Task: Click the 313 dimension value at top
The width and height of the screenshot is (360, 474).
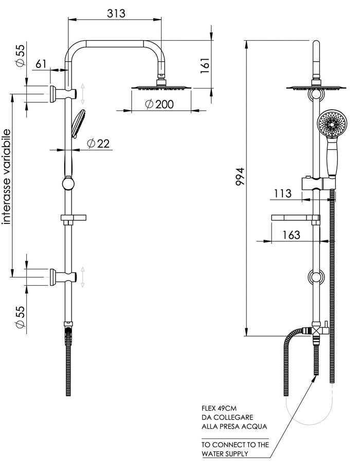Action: point(116,13)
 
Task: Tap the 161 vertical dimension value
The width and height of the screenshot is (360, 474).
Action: point(205,65)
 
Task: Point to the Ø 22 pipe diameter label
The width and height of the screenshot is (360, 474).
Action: point(98,143)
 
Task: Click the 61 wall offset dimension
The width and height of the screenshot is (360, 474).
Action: point(41,64)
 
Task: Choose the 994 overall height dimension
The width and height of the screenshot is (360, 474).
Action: point(241,176)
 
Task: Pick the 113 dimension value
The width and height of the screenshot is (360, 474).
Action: point(283,193)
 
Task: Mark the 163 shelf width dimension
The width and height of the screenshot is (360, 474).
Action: point(291,235)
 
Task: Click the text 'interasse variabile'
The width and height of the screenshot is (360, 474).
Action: point(6,177)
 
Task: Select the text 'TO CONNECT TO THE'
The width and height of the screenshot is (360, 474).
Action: point(235,445)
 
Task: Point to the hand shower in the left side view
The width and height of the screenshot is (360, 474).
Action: point(78,124)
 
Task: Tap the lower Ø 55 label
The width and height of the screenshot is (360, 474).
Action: point(20,317)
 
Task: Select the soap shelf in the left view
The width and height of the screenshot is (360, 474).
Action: point(74,219)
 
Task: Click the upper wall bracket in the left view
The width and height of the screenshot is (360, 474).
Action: point(63,94)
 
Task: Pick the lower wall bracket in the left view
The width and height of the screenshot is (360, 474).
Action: point(63,276)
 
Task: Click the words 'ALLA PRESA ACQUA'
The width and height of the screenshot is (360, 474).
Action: point(235,427)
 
